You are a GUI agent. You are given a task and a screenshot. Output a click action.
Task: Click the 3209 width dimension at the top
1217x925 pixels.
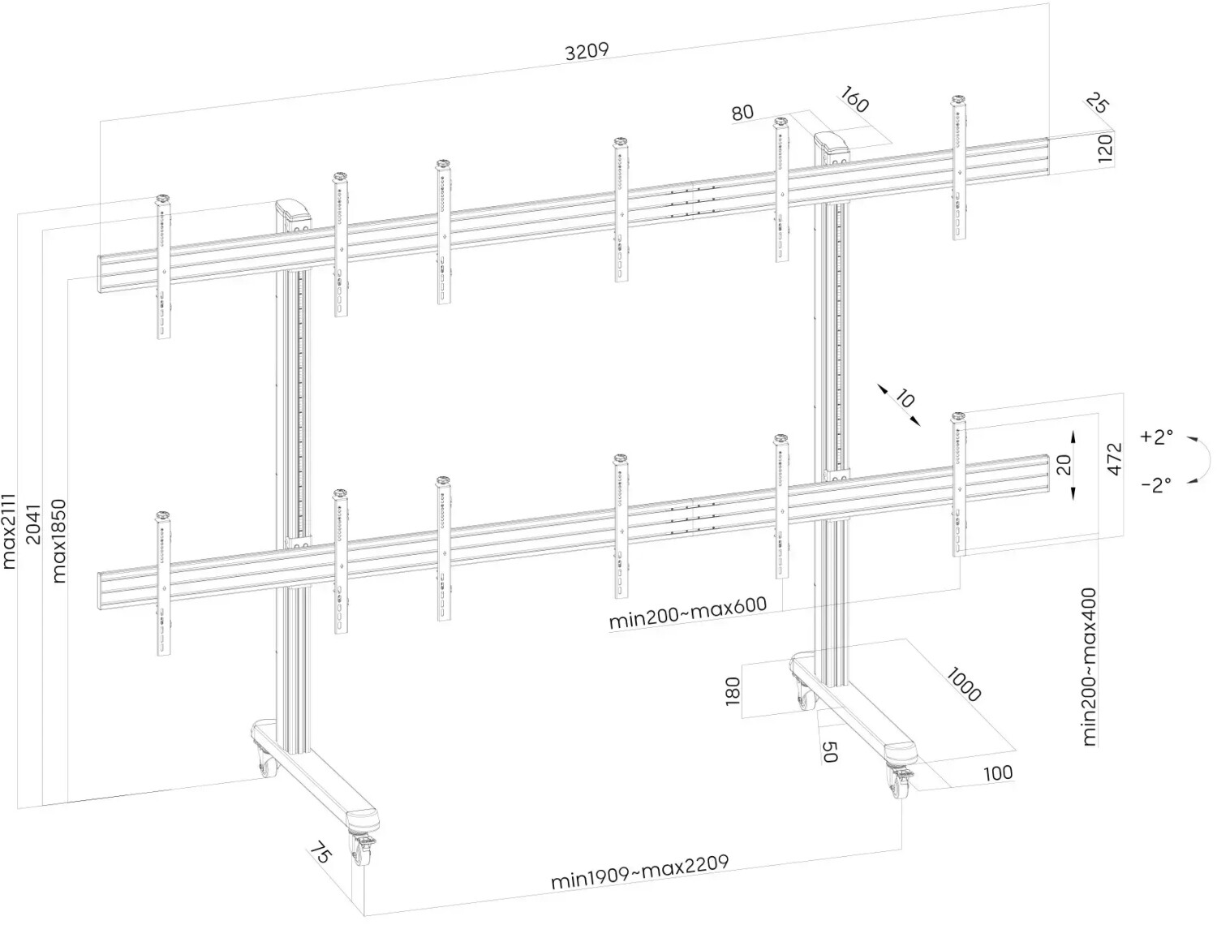click(x=587, y=52)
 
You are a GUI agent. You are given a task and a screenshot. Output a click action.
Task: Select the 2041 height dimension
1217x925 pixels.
click(x=33, y=524)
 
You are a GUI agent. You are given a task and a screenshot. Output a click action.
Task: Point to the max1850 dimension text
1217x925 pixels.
click(x=59, y=541)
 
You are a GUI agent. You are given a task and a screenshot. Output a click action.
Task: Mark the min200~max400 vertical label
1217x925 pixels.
click(x=1089, y=667)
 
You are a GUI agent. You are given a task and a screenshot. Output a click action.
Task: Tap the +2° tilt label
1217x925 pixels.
click(x=1156, y=437)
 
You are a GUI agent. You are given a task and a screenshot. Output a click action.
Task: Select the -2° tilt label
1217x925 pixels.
click(x=1156, y=485)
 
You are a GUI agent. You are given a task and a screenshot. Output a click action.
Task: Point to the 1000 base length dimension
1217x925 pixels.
click(x=963, y=686)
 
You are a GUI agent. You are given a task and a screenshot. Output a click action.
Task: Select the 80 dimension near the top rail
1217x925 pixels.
click(x=742, y=113)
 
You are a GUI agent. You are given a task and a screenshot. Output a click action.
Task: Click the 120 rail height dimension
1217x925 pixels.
click(x=1105, y=149)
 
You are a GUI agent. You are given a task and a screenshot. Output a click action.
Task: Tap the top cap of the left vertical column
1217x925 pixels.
click(x=295, y=213)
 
